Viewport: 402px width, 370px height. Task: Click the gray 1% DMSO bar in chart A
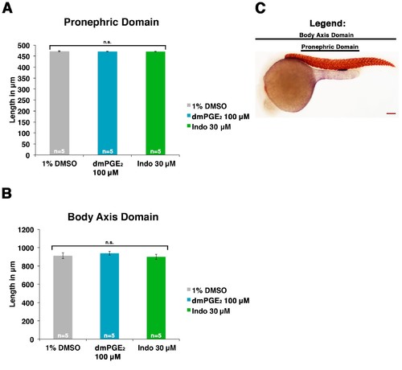tap(59, 103)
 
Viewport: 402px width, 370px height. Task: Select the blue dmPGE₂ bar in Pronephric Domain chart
tap(108, 103)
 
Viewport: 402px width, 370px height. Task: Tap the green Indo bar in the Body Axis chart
tap(156, 298)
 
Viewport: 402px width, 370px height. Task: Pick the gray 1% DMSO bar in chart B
tap(63, 298)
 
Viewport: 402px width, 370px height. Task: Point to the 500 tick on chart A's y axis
tap(23, 46)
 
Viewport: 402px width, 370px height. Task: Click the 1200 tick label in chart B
tap(26, 230)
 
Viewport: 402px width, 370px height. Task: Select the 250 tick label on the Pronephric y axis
tap(23, 101)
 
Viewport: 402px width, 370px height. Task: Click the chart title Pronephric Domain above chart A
tap(111, 22)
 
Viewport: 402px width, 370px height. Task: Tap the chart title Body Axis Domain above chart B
tap(113, 216)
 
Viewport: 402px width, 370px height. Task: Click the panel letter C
tap(260, 8)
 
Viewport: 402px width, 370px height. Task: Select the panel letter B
tap(6, 193)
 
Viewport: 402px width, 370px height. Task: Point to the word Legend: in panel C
tap(327, 23)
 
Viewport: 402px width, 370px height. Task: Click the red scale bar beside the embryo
tap(391, 113)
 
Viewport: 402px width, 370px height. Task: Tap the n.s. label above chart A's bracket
tap(107, 42)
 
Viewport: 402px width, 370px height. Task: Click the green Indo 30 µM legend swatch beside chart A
tap(189, 125)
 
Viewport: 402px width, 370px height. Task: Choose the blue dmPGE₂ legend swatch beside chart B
tap(189, 300)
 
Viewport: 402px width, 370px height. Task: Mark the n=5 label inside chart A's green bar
tap(155, 151)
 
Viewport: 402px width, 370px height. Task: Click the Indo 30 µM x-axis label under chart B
tap(157, 348)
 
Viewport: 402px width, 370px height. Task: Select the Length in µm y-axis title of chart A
tap(12, 100)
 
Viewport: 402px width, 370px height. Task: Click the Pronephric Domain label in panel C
tap(330, 47)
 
